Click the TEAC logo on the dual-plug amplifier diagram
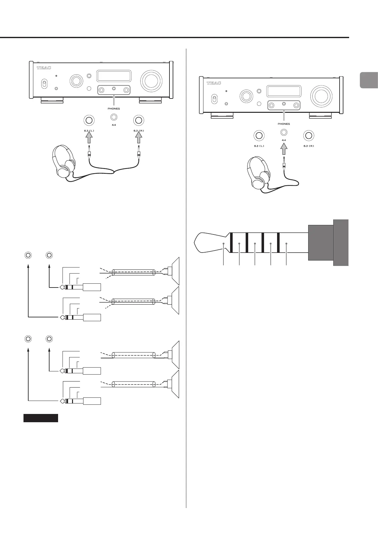coord(44,68)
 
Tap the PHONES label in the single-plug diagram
coord(284,124)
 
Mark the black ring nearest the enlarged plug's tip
coord(231,243)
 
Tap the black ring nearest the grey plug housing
coord(278,243)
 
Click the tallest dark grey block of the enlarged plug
coord(341,242)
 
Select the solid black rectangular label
coord(41,418)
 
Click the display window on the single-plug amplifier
coord(283,91)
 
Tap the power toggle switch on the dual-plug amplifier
coord(45,85)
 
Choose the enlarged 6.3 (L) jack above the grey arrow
coord(89,120)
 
